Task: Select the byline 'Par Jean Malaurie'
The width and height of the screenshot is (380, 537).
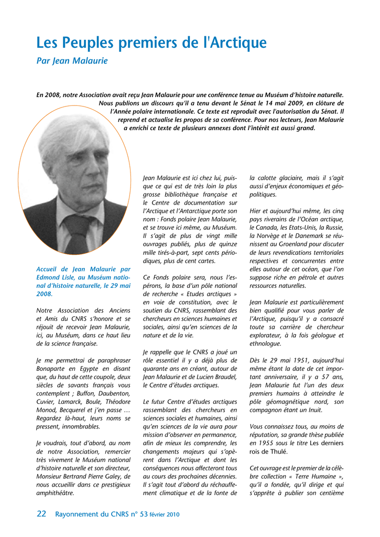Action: coord(72,61)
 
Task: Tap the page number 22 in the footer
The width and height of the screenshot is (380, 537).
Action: coord(41,514)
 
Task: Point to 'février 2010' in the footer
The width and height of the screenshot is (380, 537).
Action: coord(165,514)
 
